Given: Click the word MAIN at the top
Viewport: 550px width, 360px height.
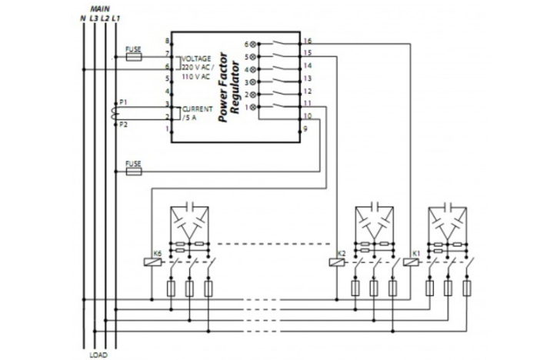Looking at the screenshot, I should tap(101, 8).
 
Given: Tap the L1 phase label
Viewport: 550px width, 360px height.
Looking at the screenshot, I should tap(115, 18).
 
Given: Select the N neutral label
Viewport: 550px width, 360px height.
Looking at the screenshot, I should tap(82, 18).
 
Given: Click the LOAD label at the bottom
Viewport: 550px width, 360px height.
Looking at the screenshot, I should tap(98, 355).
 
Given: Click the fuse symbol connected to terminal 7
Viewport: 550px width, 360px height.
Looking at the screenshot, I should tap(134, 57).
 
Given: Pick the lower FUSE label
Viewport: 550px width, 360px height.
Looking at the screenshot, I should tap(134, 162).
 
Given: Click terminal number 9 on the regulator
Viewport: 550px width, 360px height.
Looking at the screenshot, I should tap(305, 129).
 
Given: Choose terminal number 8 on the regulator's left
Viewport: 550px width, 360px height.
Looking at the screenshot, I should tap(167, 41).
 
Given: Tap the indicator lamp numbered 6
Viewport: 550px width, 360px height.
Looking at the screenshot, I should tap(254, 45).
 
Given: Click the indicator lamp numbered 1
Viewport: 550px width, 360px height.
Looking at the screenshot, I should tap(254, 107).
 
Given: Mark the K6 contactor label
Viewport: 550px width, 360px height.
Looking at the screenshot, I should tap(157, 252).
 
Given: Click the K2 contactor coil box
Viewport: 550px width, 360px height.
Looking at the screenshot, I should tap(335, 262).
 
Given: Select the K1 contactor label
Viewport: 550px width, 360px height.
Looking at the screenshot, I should tap(416, 252).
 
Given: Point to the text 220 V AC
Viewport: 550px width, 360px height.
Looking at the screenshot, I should tap(195, 68).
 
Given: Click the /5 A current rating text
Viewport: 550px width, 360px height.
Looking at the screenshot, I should tap(189, 118).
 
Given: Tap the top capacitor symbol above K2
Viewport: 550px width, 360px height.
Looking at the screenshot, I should tap(375, 206).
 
